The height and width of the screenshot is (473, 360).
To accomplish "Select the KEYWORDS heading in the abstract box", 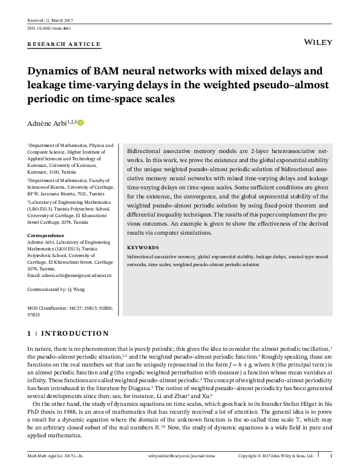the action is pos(143,248).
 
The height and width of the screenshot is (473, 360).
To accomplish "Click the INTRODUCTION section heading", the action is pos(73,333).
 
